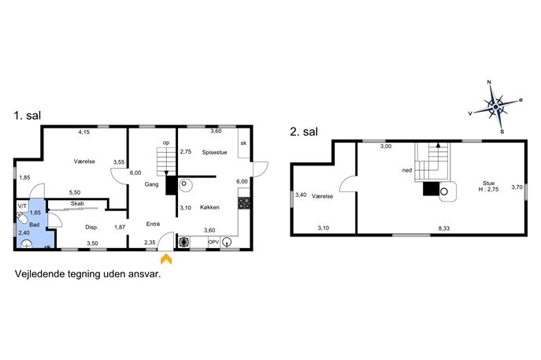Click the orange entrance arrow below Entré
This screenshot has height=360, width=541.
166,259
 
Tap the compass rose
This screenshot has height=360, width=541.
495,107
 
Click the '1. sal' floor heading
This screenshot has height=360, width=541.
28,116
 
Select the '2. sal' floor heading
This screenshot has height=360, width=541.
304,132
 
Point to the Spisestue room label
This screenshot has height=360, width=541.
215,152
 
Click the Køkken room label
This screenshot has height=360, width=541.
209,207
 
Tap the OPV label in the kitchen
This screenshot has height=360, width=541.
213,243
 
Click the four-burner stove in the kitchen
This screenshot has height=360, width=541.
244,203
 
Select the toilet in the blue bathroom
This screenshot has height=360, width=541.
22,218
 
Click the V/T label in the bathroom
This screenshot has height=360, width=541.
22,206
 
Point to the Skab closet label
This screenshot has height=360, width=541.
77,204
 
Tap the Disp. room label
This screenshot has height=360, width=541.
92,228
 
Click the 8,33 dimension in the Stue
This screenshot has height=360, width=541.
444,228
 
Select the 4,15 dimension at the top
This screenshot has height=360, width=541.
83,132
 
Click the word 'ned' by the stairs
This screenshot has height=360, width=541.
407,170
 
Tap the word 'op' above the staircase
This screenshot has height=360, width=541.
166,143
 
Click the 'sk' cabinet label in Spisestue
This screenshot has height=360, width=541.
243,143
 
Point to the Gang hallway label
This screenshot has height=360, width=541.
151,184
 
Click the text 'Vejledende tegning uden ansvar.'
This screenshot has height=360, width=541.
87,274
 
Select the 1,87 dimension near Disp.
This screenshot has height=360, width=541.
120,227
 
